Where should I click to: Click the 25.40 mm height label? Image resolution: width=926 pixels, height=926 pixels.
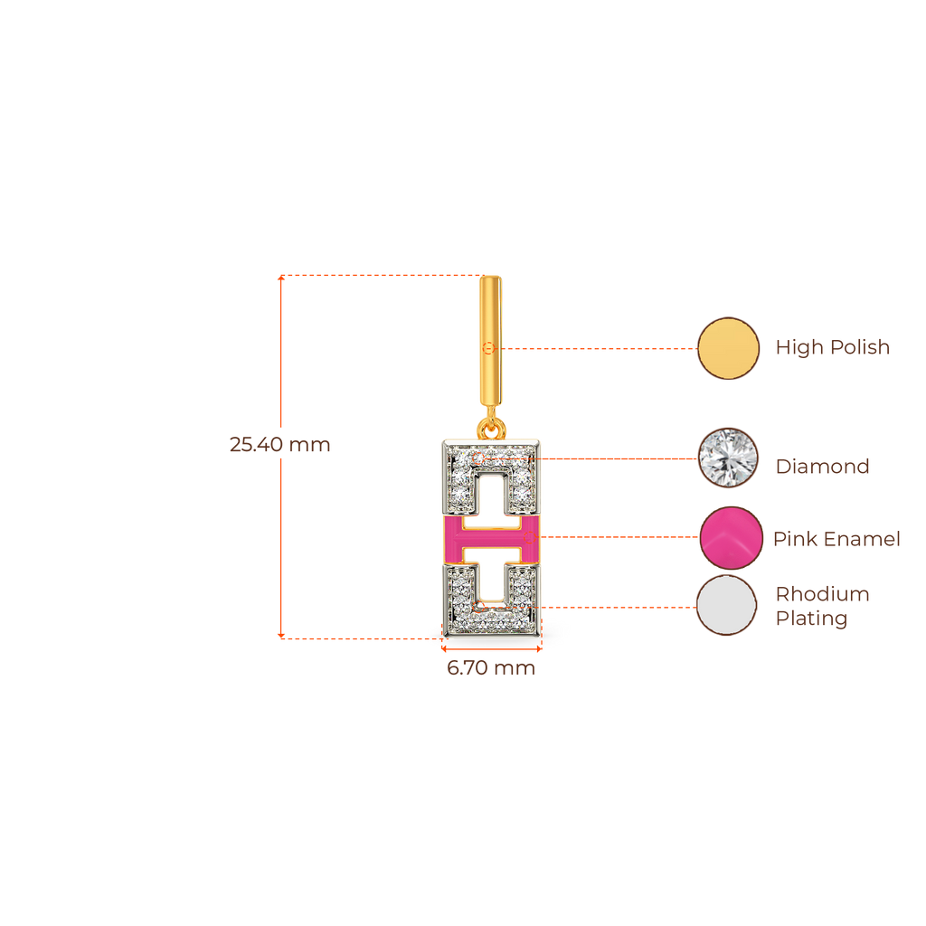[279, 445]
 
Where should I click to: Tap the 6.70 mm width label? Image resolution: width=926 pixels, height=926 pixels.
[491, 669]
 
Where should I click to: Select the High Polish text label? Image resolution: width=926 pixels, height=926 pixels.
[833, 347]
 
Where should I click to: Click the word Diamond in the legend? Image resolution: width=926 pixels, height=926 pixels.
[822, 467]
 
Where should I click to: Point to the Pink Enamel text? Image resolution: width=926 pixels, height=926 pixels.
[836, 539]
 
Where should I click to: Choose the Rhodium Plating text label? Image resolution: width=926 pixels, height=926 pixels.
[822, 607]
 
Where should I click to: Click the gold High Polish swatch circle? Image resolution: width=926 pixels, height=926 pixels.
[729, 348]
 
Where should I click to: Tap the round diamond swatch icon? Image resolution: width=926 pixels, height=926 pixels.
[729, 458]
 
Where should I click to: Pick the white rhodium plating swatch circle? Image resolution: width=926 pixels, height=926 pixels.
[727, 606]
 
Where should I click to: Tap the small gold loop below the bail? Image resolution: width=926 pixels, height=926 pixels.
[491, 422]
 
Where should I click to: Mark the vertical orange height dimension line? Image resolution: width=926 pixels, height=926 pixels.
[281, 543]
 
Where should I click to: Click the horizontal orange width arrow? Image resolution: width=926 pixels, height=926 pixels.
[491, 648]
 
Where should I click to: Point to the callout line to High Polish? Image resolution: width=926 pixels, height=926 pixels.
[597, 348]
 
